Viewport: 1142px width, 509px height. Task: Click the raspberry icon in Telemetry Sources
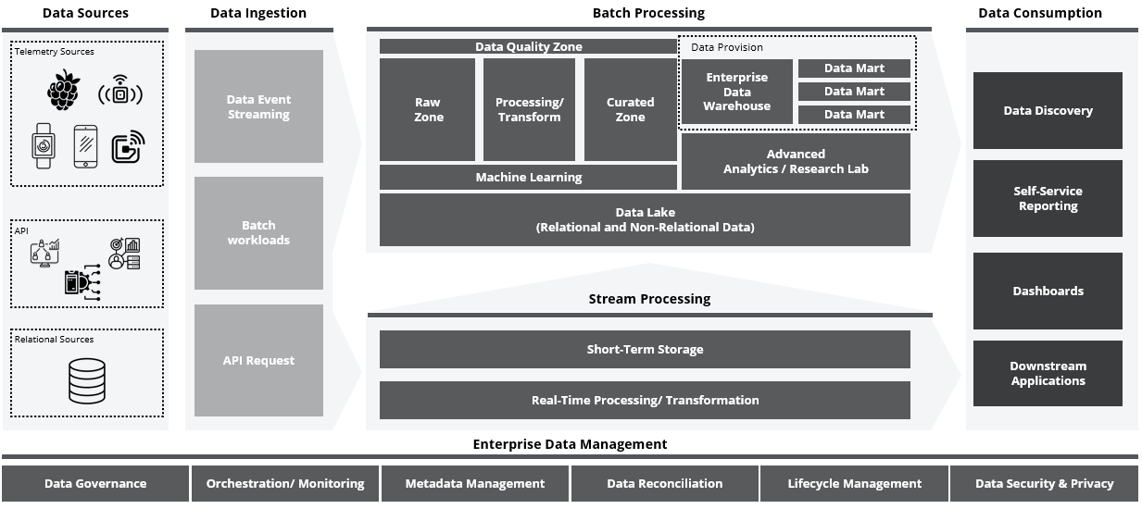click(63, 90)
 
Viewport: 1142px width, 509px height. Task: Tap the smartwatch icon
click(44, 145)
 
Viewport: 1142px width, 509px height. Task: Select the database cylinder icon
click(87, 381)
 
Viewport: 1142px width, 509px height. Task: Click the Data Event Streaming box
click(258, 106)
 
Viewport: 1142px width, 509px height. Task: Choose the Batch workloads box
click(258, 233)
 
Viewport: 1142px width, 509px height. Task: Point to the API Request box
click(258, 360)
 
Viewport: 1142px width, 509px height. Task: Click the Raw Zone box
click(427, 109)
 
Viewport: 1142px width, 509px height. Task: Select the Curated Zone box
click(630, 109)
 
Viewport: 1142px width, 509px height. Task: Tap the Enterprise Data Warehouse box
click(736, 92)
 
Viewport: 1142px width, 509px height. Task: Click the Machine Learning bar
click(528, 178)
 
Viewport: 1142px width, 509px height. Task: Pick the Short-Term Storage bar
click(645, 350)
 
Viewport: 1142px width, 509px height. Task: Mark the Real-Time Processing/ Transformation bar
click(645, 401)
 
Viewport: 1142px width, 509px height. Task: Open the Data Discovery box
click(1048, 110)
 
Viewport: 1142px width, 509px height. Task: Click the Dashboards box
click(1048, 291)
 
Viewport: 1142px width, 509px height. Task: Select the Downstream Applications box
click(1048, 374)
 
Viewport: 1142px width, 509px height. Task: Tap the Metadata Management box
click(474, 483)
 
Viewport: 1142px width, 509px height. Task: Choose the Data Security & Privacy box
click(1044, 483)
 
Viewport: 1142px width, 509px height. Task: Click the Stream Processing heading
click(649, 299)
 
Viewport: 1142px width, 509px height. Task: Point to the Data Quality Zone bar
click(528, 46)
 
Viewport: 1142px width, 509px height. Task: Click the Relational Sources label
click(54, 340)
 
